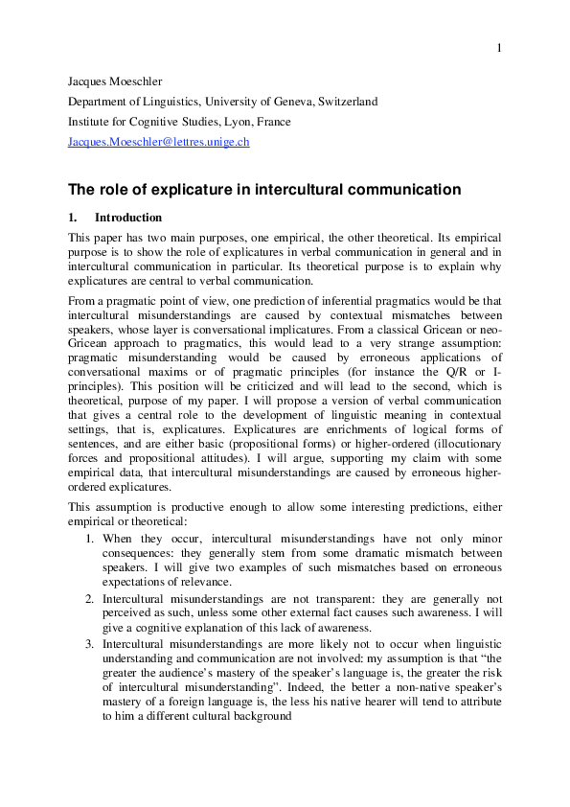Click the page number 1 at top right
pos(499,48)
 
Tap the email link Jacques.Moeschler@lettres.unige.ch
pos(158,143)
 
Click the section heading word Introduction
pos(128,218)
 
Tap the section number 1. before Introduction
pos(73,218)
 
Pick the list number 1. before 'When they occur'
pos(90,540)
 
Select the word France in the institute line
pos(275,122)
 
